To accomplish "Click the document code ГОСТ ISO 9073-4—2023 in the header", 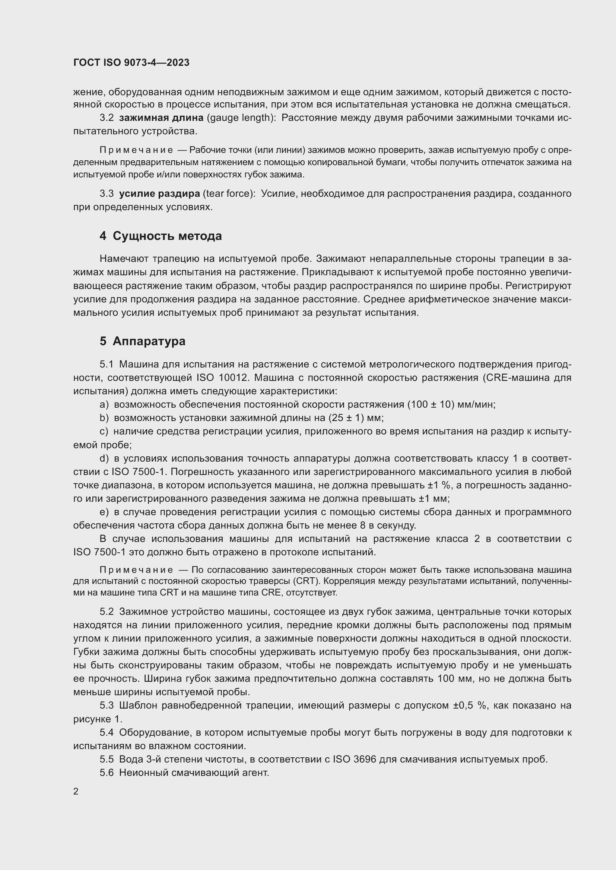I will pyautogui.click(x=131, y=62).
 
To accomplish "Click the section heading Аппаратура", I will pyautogui.click(x=149, y=341).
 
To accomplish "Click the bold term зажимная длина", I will pyautogui.click(x=161, y=118).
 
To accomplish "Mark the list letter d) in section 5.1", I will pyautogui.click(x=104, y=459).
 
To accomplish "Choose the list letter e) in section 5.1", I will pyautogui.click(x=104, y=512).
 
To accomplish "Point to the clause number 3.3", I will pyautogui.click(x=107, y=194).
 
